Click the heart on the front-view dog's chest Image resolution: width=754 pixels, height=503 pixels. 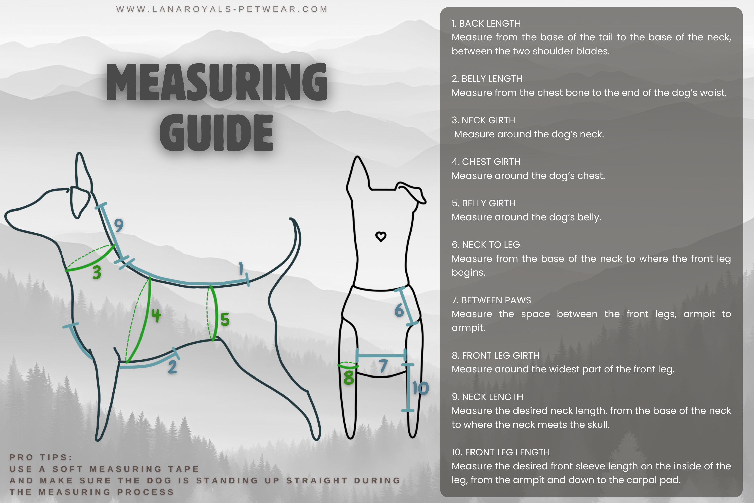(x=381, y=237)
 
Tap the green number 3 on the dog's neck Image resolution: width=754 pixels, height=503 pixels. (x=97, y=272)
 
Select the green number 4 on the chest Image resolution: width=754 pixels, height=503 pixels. (x=156, y=315)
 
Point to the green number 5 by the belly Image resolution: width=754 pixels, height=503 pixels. (x=225, y=319)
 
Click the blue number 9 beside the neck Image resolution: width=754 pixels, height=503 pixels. (x=119, y=225)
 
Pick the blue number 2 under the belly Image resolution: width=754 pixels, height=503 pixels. (x=172, y=367)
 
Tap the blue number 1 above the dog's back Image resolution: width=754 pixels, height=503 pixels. (x=241, y=268)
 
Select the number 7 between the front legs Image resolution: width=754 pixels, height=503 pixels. (x=383, y=366)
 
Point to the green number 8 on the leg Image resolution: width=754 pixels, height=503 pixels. (x=349, y=378)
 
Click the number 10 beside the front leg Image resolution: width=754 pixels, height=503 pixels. (x=420, y=388)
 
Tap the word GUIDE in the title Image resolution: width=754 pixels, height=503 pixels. (x=216, y=133)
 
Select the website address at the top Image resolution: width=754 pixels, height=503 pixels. (x=222, y=9)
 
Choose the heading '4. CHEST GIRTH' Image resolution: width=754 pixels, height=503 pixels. (x=486, y=162)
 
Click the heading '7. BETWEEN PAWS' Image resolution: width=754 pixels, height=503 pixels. (x=491, y=300)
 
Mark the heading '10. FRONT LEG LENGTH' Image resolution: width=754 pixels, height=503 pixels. (x=500, y=452)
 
